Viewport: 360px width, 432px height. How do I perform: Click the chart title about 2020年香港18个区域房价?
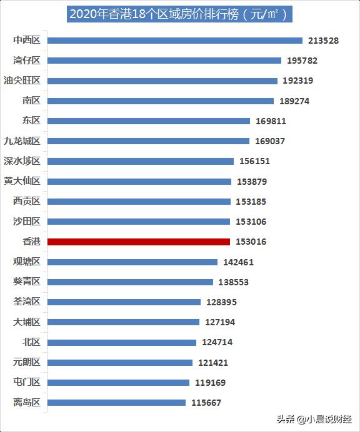click(179, 14)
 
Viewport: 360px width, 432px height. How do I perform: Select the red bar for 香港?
click(139, 242)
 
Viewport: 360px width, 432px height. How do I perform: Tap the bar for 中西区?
click(175, 41)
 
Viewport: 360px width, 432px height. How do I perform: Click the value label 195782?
click(302, 61)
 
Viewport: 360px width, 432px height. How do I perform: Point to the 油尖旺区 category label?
click(22, 81)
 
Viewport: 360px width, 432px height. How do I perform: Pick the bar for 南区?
click(161, 101)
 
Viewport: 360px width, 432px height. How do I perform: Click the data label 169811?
click(271, 121)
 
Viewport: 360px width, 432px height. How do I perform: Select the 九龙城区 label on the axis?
click(22, 141)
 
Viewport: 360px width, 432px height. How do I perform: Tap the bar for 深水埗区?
click(141, 162)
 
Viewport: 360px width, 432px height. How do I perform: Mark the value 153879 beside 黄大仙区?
click(252, 182)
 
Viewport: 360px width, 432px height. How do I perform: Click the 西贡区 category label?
click(26, 201)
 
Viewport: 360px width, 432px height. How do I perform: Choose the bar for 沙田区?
click(139, 222)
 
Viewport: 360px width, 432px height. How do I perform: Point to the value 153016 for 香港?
click(251, 242)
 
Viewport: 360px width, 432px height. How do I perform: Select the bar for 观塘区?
click(132, 262)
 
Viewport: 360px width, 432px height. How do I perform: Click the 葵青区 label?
click(26, 282)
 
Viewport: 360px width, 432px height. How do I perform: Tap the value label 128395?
click(221, 302)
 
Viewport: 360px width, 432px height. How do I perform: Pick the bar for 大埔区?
click(123, 322)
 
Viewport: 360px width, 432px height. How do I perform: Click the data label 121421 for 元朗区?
click(213, 363)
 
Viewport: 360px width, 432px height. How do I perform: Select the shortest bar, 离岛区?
click(116, 403)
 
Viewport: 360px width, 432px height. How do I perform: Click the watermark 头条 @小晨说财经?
click(314, 420)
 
